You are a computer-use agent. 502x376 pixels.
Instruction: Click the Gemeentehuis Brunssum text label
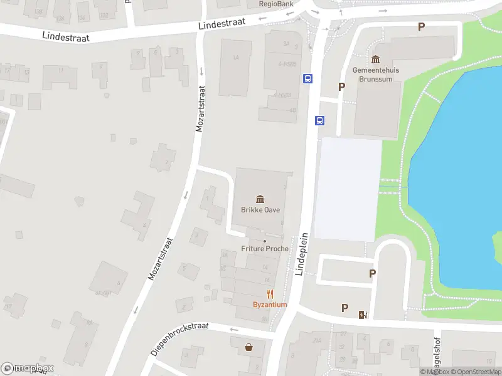pos(376,74)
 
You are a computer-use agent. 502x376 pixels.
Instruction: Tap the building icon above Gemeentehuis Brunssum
pos(376,60)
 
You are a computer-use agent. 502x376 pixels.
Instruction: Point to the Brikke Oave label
pos(260,210)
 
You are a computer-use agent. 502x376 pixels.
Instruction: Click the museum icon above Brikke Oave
pos(260,199)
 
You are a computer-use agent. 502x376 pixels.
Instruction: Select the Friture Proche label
pos(265,249)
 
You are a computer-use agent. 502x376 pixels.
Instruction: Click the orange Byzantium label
pos(270,305)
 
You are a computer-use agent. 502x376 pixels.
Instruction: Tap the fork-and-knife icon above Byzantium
pos(270,294)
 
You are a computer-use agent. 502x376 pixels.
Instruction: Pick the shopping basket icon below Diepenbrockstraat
pos(250,347)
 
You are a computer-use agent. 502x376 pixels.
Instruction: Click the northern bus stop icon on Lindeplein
pos(308,79)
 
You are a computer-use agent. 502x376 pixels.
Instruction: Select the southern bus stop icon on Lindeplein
pos(319,120)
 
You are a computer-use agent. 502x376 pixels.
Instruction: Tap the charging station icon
pos(362,314)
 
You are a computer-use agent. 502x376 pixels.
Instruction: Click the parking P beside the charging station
pos(344,308)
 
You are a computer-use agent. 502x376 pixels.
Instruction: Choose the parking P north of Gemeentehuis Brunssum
pos(422,26)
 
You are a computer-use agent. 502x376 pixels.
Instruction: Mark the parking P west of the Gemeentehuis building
pos(342,87)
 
